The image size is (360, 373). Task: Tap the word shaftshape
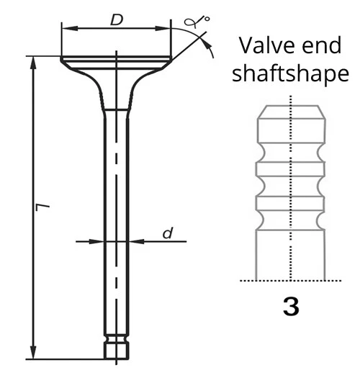tap(291, 74)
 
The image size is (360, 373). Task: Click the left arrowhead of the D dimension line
tap(66, 28)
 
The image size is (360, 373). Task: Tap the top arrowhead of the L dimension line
tap(32, 60)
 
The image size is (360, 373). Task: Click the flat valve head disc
tap(116, 59)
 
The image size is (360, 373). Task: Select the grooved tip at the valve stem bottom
tap(116, 347)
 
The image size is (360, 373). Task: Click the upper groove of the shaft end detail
tap(290, 153)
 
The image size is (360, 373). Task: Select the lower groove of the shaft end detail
tap(290, 217)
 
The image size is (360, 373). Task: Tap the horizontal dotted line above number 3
tap(290, 280)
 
